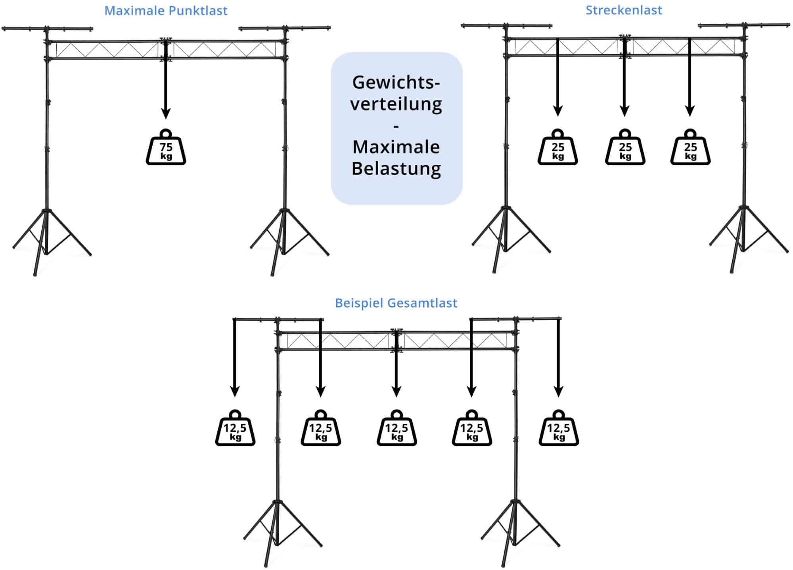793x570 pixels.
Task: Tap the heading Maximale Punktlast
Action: [x=166, y=11]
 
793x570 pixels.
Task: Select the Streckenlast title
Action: [x=624, y=10]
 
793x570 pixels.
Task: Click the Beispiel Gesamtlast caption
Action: [x=396, y=303]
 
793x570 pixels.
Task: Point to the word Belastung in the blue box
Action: [x=396, y=168]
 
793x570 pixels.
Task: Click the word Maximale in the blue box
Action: [x=396, y=147]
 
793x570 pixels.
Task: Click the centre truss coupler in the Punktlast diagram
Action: [x=166, y=50]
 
